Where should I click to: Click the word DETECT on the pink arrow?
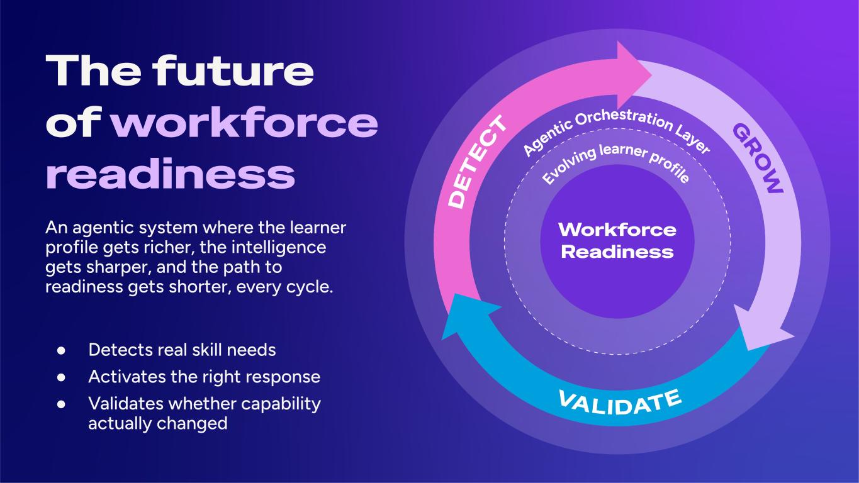478,162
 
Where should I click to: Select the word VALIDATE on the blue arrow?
620,402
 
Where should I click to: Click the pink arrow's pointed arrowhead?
632,75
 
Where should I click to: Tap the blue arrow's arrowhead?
466,314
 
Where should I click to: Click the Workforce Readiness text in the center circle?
617,241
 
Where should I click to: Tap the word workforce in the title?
245,123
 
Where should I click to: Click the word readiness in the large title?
171,174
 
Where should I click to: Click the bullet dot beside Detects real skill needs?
61,350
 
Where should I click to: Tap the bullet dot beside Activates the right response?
61,377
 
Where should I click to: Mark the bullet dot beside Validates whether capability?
61,404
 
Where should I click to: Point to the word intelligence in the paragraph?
278,248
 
